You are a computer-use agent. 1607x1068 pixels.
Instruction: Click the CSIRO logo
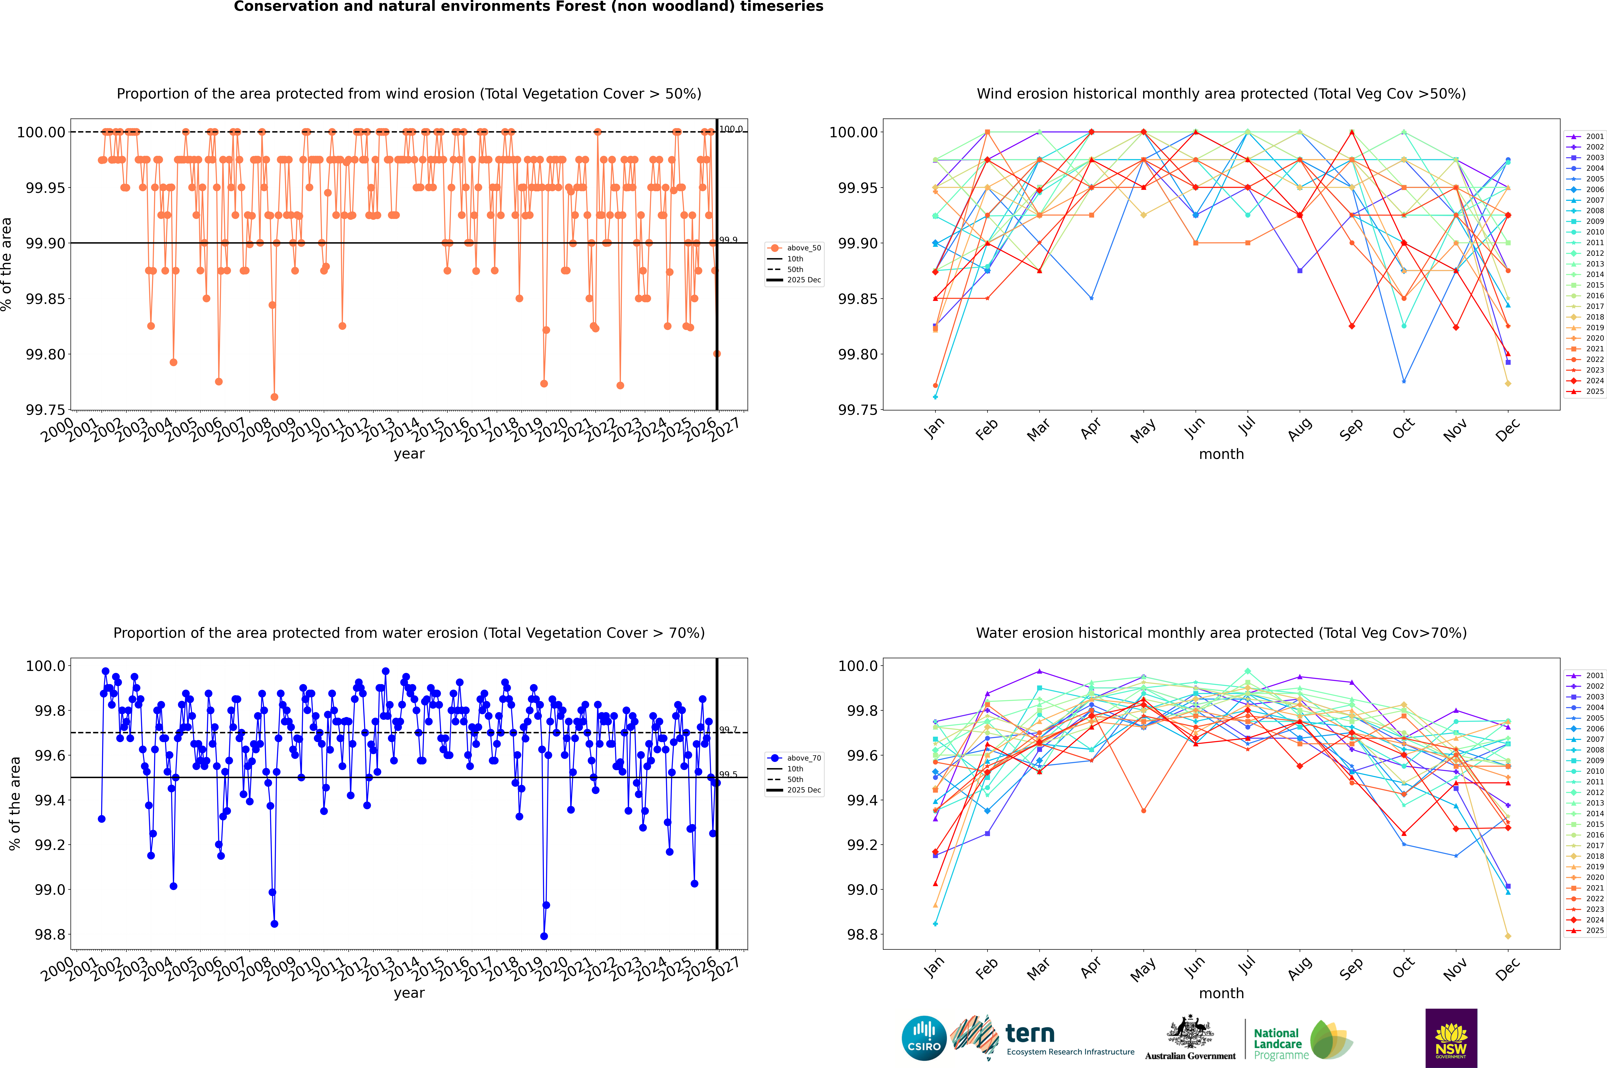(x=924, y=1038)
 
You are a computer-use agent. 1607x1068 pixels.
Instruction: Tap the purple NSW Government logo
(x=1451, y=1038)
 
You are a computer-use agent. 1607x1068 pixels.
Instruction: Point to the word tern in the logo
(x=1030, y=1034)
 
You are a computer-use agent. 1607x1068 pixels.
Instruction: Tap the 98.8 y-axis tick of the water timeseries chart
(x=50, y=934)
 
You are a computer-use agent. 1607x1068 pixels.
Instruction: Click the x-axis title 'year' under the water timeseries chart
(x=409, y=993)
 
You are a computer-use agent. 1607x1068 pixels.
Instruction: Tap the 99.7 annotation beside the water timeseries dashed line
(x=728, y=729)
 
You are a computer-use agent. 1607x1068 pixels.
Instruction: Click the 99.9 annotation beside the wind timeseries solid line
(x=728, y=240)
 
